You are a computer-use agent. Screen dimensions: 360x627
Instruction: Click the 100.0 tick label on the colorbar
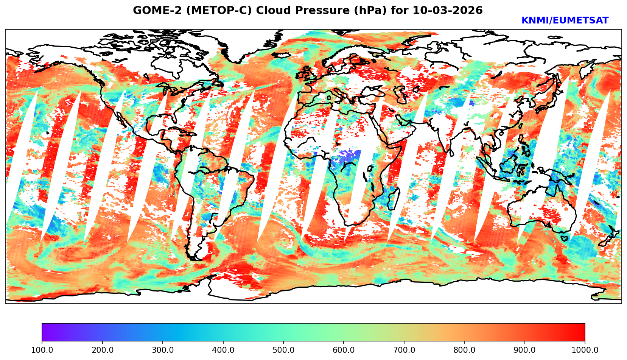[x=42, y=350]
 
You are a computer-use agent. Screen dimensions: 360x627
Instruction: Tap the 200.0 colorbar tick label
[x=102, y=350]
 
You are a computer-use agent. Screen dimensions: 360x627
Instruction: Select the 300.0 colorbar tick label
[x=163, y=350]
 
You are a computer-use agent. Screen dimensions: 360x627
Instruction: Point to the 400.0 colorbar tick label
[x=223, y=350]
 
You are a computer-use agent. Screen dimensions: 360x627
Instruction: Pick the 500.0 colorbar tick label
[x=283, y=350]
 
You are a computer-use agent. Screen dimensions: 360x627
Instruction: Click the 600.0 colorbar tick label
[x=344, y=350]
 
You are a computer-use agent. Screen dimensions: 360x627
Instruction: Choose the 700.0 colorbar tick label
[x=404, y=350]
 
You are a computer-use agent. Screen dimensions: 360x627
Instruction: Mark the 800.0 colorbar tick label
[x=464, y=350]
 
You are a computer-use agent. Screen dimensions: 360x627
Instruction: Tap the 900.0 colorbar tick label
[x=525, y=350]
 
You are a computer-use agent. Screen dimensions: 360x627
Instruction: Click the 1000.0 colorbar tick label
[x=585, y=350]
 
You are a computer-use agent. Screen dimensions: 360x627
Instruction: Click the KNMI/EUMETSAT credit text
[x=565, y=21]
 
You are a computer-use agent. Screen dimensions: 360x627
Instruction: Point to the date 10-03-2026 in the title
[x=448, y=10]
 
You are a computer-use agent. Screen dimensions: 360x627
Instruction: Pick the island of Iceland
[x=281, y=55]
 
